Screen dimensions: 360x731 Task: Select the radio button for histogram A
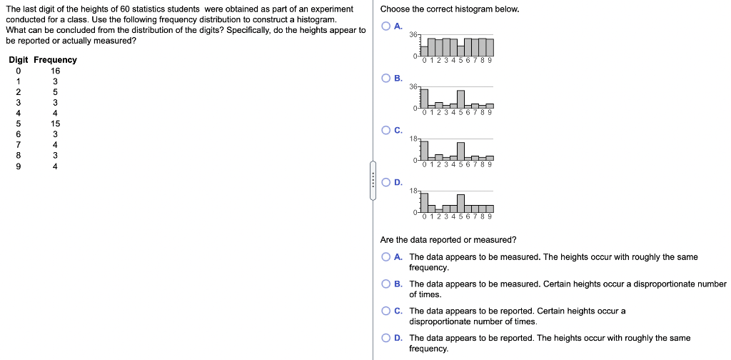[386, 26]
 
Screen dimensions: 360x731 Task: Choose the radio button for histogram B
[386, 78]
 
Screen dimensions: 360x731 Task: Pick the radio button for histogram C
[386, 130]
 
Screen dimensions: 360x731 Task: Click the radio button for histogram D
[386, 182]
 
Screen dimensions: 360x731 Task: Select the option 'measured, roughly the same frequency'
[386, 257]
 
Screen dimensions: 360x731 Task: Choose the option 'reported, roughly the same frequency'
[386, 338]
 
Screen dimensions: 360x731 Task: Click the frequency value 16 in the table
[56, 71]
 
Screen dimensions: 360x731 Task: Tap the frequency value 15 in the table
[56, 123]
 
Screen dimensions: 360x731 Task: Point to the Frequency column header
[55, 60]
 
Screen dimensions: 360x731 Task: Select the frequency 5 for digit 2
[56, 91]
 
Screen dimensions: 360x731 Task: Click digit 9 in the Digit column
[19, 166]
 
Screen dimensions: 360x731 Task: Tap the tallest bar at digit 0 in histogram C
[424, 150]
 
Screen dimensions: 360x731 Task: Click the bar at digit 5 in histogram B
[460, 99]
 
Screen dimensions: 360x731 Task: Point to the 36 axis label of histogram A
[414, 35]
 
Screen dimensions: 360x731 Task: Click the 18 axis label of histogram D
[414, 191]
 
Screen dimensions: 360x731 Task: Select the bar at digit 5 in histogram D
[460, 204]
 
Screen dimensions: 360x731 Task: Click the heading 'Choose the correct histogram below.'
[450, 9]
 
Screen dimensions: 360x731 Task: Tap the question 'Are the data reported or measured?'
[448, 240]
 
